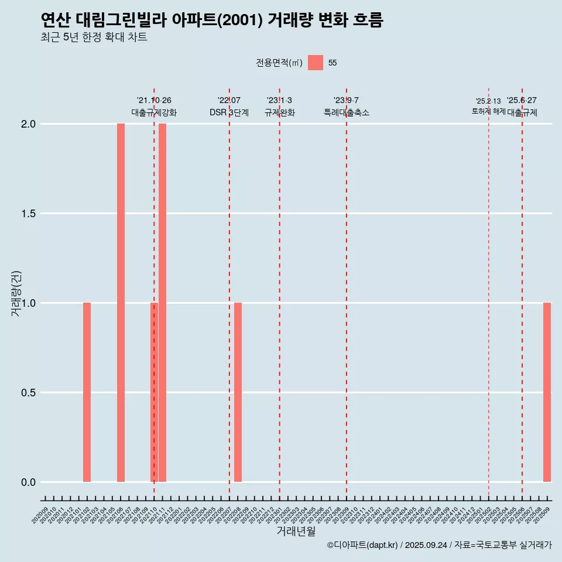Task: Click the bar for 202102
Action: (87, 392)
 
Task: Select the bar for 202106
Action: (121, 303)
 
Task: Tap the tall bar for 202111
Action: (163, 303)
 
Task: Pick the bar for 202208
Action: (238, 392)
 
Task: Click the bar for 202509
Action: (547, 392)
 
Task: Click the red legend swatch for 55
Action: (316, 63)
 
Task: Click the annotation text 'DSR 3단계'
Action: (229, 113)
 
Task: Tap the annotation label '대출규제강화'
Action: (154, 113)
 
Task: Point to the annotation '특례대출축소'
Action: (347, 113)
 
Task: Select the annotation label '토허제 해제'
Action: (488, 111)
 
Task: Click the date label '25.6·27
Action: (522, 101)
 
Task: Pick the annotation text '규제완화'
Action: (279, 113)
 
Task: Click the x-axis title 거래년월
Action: (296, 532)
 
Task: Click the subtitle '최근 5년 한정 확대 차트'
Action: (94, 37)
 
